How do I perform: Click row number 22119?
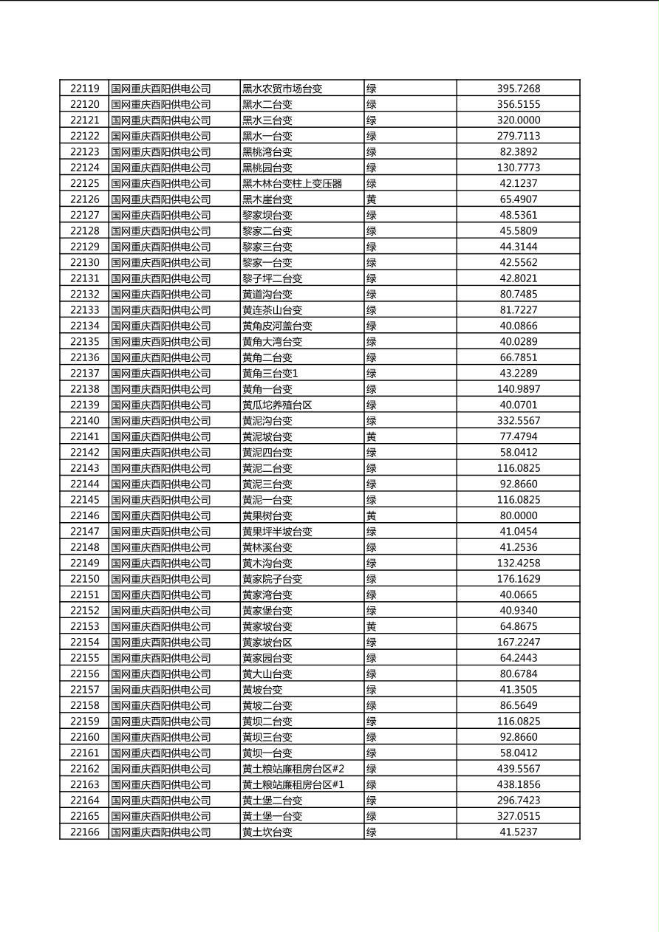click(84, 89)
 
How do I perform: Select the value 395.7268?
click(518, 89)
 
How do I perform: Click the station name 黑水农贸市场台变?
click(282, 89)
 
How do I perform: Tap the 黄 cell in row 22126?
click(372, 199)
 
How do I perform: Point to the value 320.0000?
click(518, 120)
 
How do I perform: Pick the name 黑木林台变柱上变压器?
click(292, 184)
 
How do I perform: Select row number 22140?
click(84, 421)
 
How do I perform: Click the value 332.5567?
click(518, 421)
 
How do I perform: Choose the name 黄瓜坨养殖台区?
click(277, 405)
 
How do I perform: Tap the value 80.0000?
click(518, 515)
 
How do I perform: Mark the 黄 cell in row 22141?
click(372, 436)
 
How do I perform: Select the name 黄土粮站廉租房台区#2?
click(293, 769)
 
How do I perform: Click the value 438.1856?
click(518, 784)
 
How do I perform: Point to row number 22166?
click(84, 832)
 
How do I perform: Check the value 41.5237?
click(518, 832)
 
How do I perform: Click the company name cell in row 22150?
click(161, 579)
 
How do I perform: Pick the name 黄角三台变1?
click(270, 374)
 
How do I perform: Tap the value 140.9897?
click(518, 389)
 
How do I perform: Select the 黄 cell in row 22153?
click(372, 626)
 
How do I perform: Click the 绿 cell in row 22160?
click(372, 737)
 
